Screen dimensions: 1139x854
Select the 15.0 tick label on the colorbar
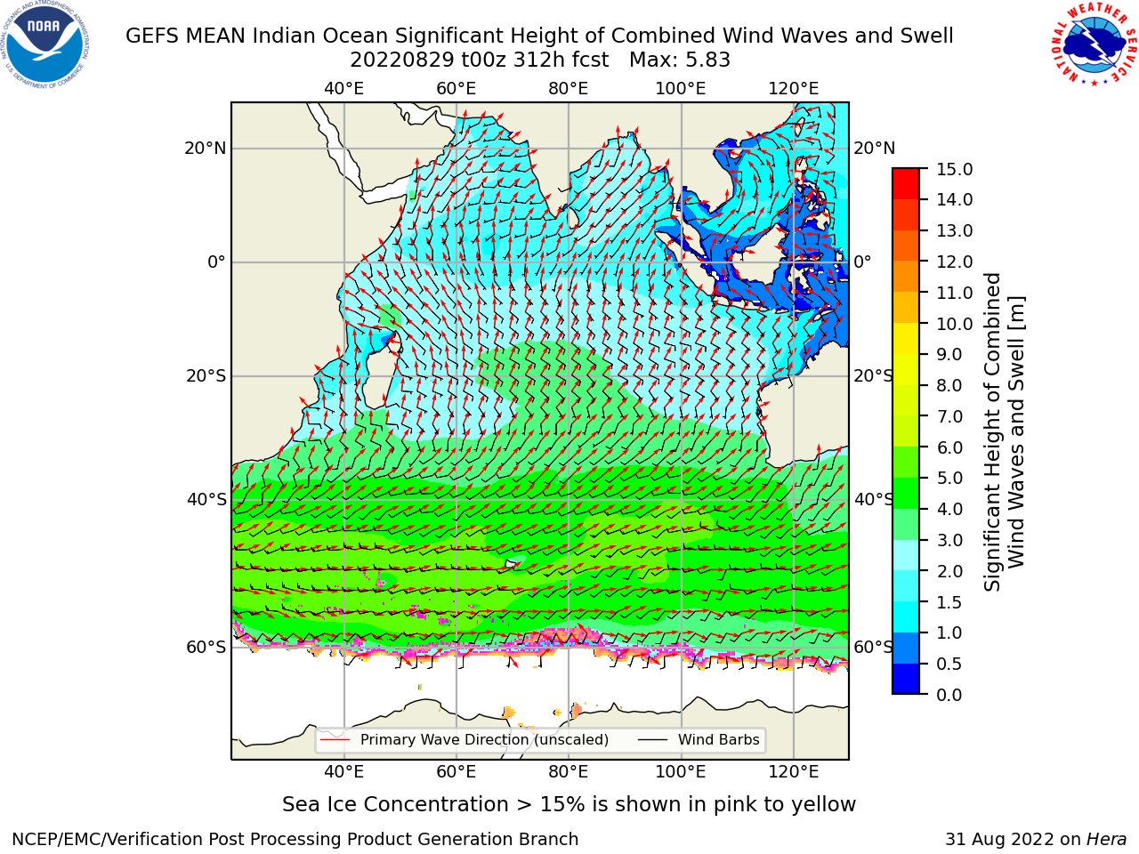point(954,169)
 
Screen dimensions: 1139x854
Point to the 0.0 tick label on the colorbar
point(949,695)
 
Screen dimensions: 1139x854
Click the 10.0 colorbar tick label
point(954,324)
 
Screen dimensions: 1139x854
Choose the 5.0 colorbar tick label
point(949,478)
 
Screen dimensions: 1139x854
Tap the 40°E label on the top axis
point(343,89)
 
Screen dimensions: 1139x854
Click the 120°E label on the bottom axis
point(793,772)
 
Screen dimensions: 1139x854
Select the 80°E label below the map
point(569,772)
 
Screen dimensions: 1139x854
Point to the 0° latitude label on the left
point(216,262)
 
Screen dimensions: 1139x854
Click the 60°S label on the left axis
point(206,647)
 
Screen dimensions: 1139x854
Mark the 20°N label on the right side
point(875,149)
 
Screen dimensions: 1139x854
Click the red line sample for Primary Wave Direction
point(335,740)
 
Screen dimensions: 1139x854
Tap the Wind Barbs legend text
point(719,740)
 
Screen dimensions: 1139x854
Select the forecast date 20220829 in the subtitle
point(402,60)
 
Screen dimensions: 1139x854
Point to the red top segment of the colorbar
point(906,176)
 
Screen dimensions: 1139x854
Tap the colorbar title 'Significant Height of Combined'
point(992,431)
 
